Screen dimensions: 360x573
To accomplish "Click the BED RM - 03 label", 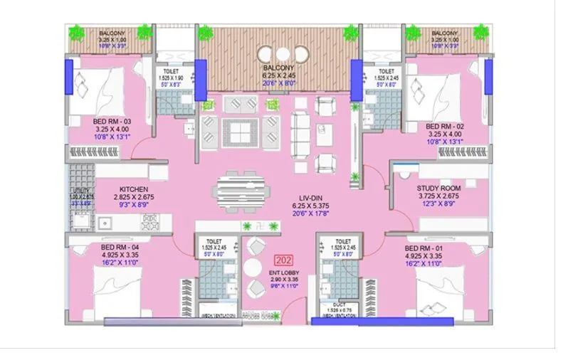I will (x=112, y=122).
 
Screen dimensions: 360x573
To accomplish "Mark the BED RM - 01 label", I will (x=424, y=247).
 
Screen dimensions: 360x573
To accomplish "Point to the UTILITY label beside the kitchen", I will (x=79, y=191).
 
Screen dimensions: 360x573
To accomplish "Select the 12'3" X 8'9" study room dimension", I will (x=441, y=204).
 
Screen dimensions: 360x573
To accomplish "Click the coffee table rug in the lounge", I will (x=240, y=132).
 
